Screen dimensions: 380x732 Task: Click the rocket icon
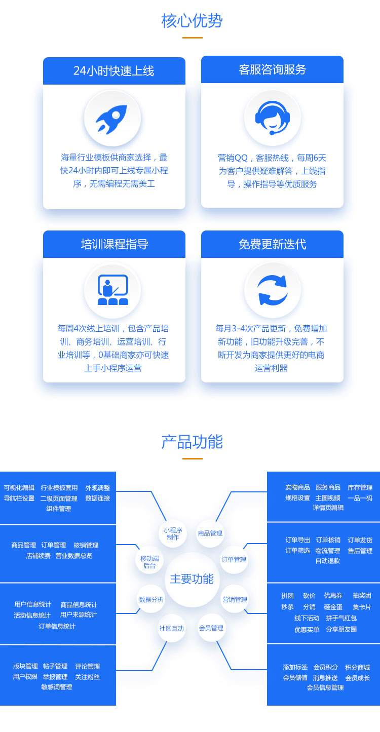(x=111, y=119)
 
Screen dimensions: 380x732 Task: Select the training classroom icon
(x=113, y=290)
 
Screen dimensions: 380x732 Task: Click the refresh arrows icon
(x=273, y=290)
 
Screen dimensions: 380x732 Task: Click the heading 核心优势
(x=192, y=21)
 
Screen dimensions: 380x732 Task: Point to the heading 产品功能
(x=192, y=442)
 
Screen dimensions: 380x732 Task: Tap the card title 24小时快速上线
(x=113, y=71)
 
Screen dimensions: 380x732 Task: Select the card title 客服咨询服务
(x=273, y=69)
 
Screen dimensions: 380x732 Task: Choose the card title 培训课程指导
(x=115, y=244)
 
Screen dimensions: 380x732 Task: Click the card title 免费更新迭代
(x=273, y=244)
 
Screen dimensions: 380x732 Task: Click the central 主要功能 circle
(x=192, y=579)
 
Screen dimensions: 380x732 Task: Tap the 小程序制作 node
(x=173, y=533)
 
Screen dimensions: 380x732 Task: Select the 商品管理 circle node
(x=210, y=533)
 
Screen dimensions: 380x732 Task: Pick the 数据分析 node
(x=151, y=599)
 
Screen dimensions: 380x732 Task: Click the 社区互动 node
(x=172, y=628)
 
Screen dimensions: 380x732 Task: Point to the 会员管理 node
(x=211, y=628)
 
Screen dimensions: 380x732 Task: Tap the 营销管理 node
(x=235, y=599)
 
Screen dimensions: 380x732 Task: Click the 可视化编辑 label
(x=19, y=488)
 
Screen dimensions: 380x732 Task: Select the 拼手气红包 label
(x=341, y=618)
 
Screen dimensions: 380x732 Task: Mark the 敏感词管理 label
(x=57, y=687)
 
